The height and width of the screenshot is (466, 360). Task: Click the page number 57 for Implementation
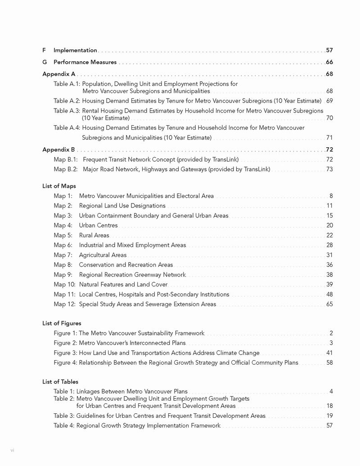click(329, 50)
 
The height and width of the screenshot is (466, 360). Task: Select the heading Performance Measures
click(85, 62)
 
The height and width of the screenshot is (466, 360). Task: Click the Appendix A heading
click(59, 74)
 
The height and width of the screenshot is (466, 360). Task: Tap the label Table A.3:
click(67, 111)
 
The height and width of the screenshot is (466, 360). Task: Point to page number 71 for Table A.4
click(329, 138)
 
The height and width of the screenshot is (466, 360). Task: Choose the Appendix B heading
click(59, 149)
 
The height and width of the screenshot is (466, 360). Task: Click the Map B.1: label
click(66, 159)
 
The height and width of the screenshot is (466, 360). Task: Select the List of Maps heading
click(59, 186)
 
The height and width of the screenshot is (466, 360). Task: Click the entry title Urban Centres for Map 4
click(98, 225)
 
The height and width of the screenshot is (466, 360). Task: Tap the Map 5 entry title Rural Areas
click(94, 235)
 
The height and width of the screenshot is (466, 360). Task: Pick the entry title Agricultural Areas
click(103, 255)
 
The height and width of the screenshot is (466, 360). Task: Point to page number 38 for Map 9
click(329, 275)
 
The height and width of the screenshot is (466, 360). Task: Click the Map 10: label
click(64, 285)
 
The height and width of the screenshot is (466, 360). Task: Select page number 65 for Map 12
click(329, 304)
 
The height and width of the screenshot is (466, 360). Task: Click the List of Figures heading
click(62, 323)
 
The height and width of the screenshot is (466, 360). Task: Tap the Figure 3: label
click(65, 353)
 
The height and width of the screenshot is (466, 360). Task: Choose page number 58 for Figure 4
click(329, 363)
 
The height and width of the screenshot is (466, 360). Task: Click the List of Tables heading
click(60, 382)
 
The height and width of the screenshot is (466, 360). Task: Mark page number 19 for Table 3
click(329, 416)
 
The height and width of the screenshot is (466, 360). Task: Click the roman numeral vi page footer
click(13, 450)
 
